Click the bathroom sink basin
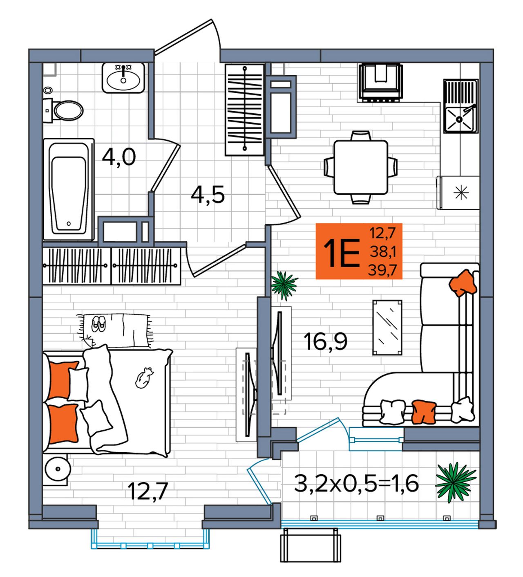(123, 78)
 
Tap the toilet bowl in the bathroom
(68, 110)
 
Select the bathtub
(69, 189)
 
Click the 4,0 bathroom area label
(119, 157)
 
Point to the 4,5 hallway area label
(208, 195)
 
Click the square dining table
(361, 167)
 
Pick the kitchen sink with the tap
(460, 106)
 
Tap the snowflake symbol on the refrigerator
(461, 193)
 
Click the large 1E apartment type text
(341, 253)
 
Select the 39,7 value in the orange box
(382, 270)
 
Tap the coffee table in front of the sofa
(387, 328)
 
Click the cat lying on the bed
(144, 378)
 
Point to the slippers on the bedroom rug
(98, 324)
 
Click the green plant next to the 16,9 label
(284, 285)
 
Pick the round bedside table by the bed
(58, 469)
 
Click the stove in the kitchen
(380, 82)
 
